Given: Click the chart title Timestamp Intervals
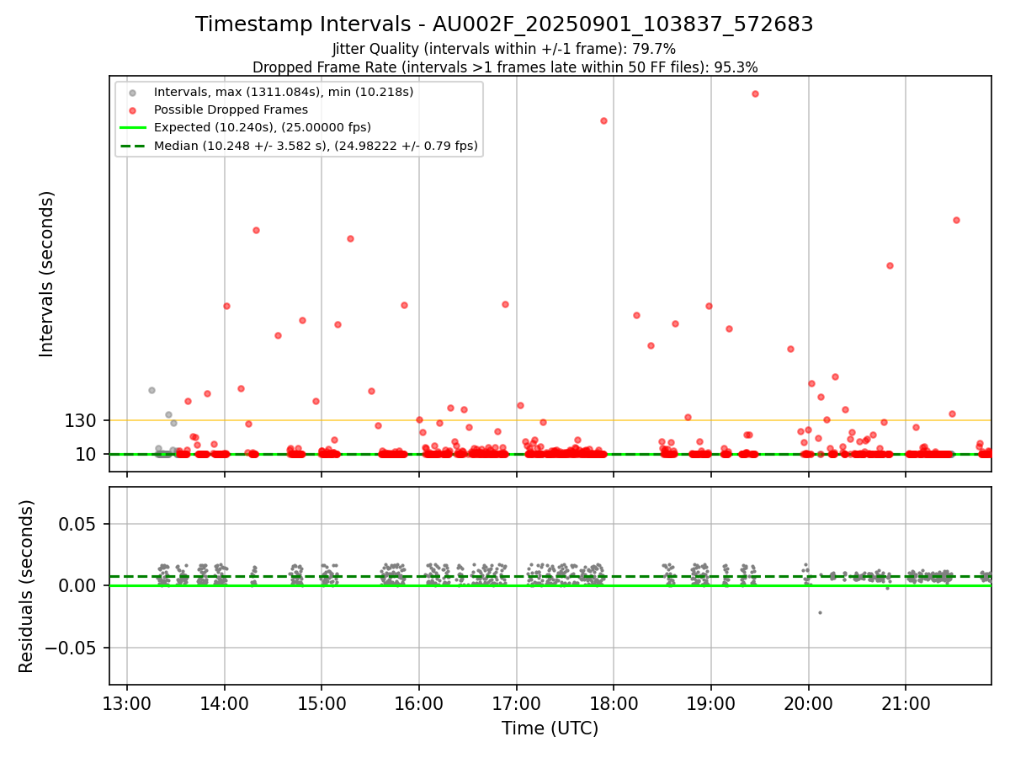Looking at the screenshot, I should pyautogui.click(x=504, y=24).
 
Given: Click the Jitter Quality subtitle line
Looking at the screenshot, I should pyautogui.click(x=504, y=49).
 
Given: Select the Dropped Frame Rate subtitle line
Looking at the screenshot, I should pyautogui.click(x=504, y=67).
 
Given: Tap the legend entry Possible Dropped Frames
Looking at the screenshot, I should pyautogui.click(x=231, y=109).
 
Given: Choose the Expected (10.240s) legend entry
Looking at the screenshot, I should pyautogui.click(x=262, y=127).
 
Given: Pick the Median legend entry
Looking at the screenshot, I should pyautogui.click(x=316, y=146).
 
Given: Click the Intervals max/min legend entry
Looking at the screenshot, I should pyautogui.click(x=284, y=91).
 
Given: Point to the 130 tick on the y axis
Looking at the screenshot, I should pyautogui.click(x=81, y=420).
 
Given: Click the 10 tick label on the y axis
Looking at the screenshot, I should pyautogui.click(x=87, y=455).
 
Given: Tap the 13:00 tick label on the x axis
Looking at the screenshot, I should pyautogui.click(x=127, y=703).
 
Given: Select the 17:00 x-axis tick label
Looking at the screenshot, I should pyautogui.click(x=517, y=703).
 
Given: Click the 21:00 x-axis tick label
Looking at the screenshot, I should pyautogui.click(x=906, y=703).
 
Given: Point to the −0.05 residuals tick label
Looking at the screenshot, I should pyautogui.click(x=71, y=648).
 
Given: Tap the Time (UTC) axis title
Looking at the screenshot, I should pyautogui.click(x=550, y=729).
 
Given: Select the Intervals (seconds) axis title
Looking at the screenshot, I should pyautogui.click(x=47, y=274).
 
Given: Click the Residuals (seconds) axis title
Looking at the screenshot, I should pyautogui.click(x=27, y=586).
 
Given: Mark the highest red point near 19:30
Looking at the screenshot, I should pyautogui.click(x=755, y=93).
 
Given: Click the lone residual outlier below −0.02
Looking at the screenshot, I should pyautogui.click(x=820, y=612).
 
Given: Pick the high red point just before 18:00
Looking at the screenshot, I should pyautogui.click(x=603, y=120).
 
